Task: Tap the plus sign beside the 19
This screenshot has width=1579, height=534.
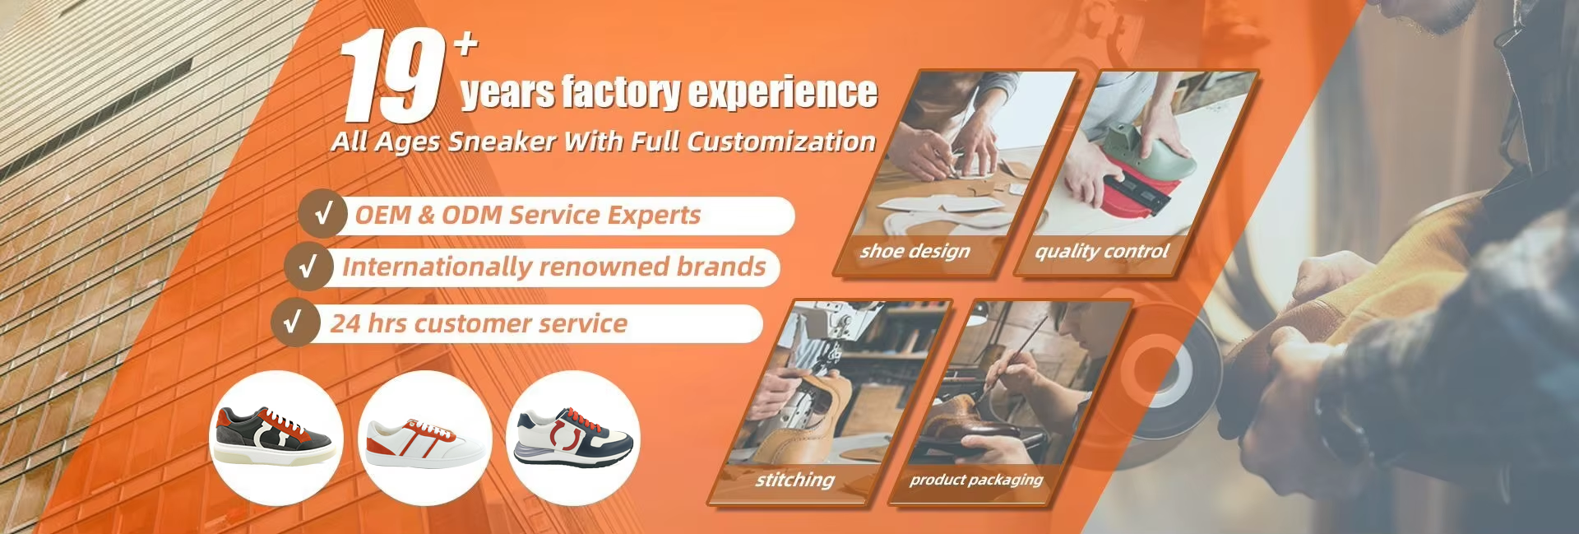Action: pyautogui.click(x=466, y=44)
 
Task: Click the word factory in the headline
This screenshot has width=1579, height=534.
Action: pyautogui.click(x=621, y=91)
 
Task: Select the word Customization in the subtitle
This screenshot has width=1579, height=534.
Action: pyautogui.click(x=780, y=142)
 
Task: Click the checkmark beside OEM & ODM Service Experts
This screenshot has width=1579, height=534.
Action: pyautogui.click(x=324, y=214)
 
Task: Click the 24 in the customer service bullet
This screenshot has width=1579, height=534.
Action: pyautogui.click(x=345, y=323)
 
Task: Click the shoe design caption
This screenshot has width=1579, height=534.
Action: pyautogui.click(x=915, y=251)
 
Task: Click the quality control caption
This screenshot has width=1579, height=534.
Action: pyautogui.click(x=1101, y=251)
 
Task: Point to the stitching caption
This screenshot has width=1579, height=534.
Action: pyautogui.click(x=794, y=479)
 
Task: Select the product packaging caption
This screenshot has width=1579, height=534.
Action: pyautogui.click(x=976, y=480)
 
